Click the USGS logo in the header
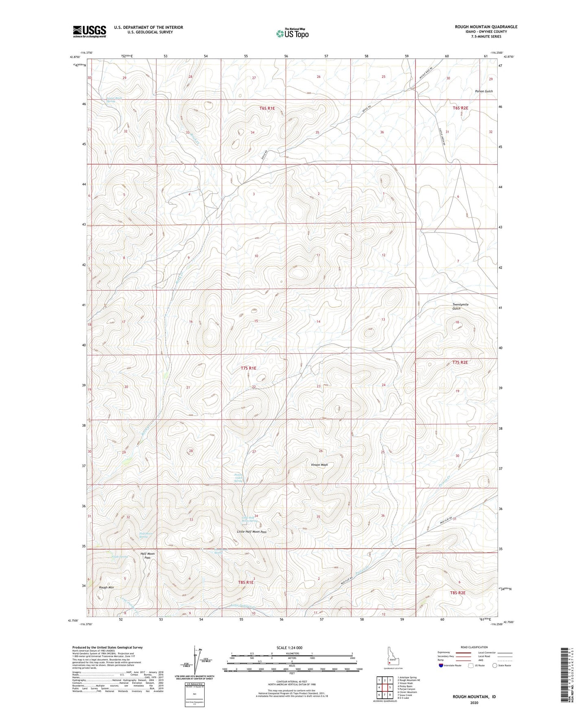89,31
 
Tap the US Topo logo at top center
291,33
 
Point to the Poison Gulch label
483,91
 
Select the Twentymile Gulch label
460,307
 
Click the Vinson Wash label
319,465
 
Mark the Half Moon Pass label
147,556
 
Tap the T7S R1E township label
248,368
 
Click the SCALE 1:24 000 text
292,647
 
